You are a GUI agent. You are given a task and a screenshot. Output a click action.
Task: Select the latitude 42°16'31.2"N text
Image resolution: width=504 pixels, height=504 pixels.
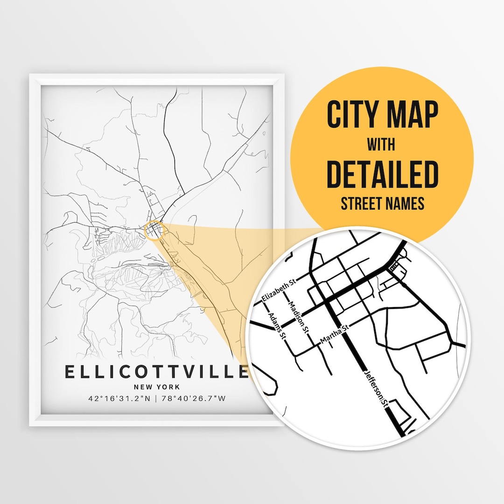(x=121, y=399)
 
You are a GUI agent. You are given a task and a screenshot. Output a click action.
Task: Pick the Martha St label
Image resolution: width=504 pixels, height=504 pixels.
(x=335, y=336)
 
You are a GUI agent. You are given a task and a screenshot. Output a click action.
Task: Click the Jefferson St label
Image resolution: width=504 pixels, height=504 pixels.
(x=376, y=388)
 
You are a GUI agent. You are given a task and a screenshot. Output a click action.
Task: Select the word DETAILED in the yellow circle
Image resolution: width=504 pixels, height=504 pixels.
(x=382, y=174)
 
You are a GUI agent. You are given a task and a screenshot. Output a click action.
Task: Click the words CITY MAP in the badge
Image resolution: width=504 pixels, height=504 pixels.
(x=382, y=114)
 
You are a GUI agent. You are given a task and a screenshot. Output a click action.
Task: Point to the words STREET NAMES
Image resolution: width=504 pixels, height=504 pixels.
(x=382, y=204)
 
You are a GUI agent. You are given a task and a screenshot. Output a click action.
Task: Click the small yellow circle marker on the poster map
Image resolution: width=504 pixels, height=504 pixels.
(x=154, y=231)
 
